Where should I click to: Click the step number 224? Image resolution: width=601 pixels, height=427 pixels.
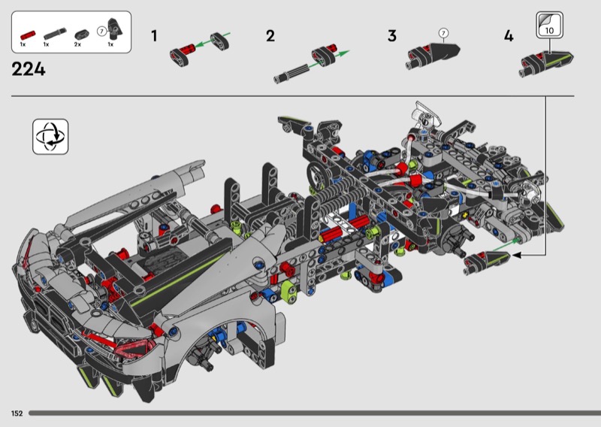(x=29, y=69)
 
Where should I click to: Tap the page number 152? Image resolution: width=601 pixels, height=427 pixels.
(x=17, y=413)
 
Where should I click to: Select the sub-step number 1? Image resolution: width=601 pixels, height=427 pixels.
(x=154, y=36)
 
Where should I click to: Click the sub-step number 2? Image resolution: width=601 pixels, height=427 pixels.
(x=270, y=36)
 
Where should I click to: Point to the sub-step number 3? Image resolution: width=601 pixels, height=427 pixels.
(x=391, y=36)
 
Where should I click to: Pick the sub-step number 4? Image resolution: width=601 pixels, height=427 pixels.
(x=509, y=36)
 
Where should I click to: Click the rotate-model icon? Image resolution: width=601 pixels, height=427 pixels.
(x=50, y=137)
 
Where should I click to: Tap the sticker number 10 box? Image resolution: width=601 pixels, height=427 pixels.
(x=549, y=25)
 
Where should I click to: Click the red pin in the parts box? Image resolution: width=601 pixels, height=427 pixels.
(x=28, y=35)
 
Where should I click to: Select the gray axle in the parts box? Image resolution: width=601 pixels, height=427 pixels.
(x=55, y=34)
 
